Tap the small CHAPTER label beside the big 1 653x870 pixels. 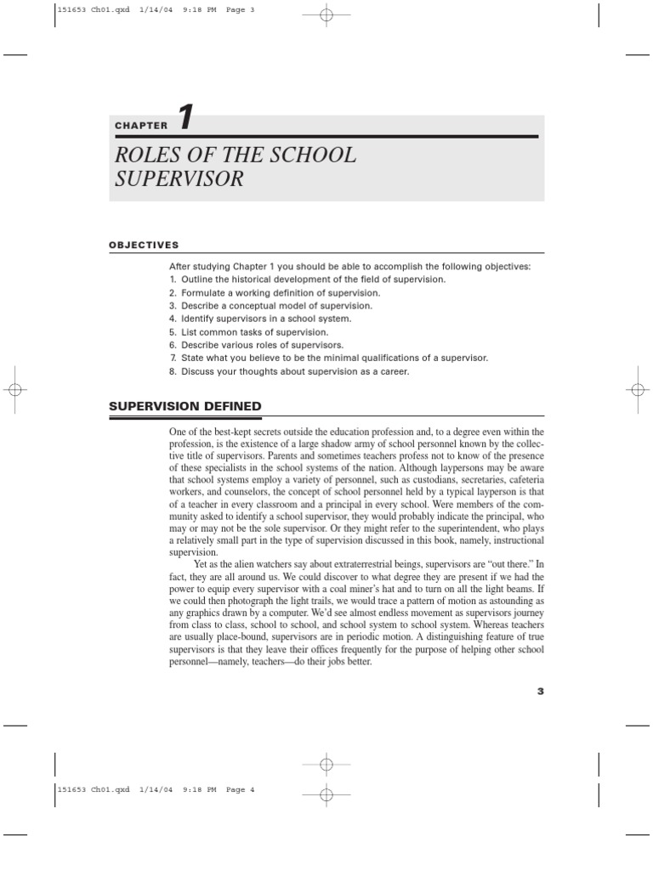click(141, 126)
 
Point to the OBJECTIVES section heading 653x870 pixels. click(144, 245)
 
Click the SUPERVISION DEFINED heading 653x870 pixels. click(185, 405)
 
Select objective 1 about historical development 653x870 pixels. click(306, 279)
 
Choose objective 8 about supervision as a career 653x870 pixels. click(289, 371)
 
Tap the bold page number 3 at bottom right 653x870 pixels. click(540, 691)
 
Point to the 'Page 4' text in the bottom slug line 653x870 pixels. click(241, 789)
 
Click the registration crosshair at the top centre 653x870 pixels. click(326, 14)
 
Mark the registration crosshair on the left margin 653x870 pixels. click(14, 389)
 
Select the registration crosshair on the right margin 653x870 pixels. click(639, 389)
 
